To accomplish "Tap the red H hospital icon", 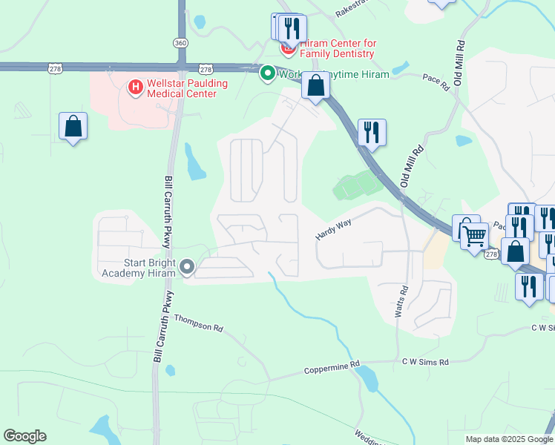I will click(136, 88).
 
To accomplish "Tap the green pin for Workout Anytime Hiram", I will click(267, 73).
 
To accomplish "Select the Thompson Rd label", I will click(198, 323).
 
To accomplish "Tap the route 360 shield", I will click(181, 42).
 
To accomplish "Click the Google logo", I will click(24, 436).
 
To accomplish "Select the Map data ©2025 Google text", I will click(510, 439).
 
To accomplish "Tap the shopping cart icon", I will click(475, 237).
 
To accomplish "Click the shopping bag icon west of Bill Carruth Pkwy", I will click(73, 127).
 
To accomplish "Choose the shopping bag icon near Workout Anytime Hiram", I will click(316, 86).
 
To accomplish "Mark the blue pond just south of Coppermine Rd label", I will click(367, 380).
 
